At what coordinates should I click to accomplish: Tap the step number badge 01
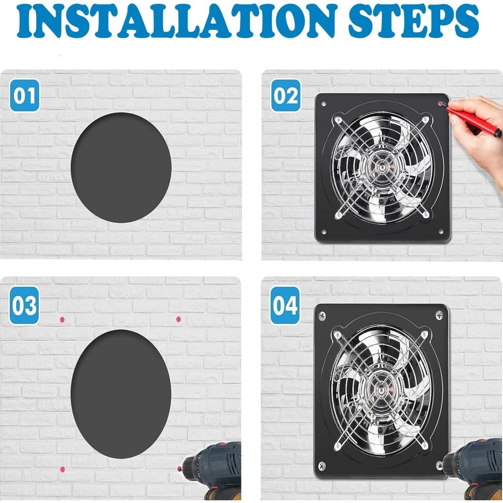(x=25, y=96)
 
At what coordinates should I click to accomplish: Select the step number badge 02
(x=286, y=96)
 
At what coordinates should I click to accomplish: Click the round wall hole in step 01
(x=121, y=168)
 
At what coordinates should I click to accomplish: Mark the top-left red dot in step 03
(x=62, y=320)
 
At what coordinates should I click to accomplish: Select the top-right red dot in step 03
(x=178, y=319)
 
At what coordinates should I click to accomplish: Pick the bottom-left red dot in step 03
(x=62, y=469)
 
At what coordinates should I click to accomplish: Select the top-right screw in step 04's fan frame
(x=440, y=315)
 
